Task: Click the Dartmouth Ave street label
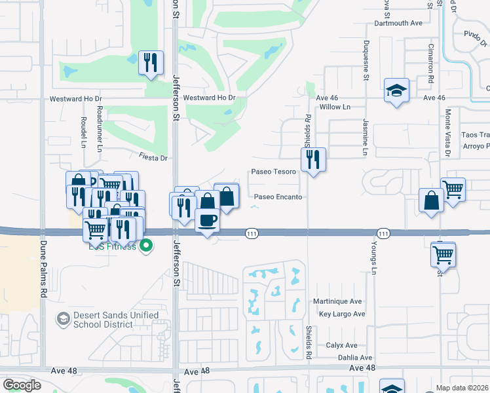pos(398,23)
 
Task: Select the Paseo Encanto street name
pos(278,196)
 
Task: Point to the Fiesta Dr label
pos(153,158)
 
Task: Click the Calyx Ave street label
pos(341,345)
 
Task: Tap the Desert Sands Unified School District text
pos(116,320)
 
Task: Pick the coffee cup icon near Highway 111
pos(207,220)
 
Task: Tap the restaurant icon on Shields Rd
pos(313,159)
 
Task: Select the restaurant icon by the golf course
pos(151,63)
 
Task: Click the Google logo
pos(22,385)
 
